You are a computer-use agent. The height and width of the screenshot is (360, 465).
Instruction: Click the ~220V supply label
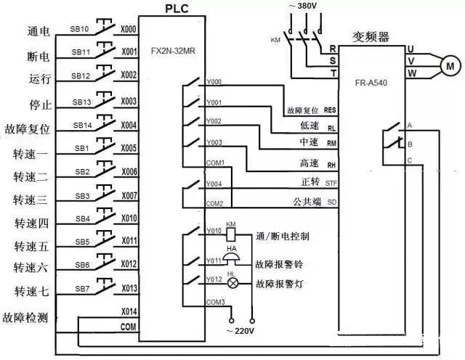241,331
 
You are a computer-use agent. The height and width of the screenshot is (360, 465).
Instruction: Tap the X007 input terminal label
129,196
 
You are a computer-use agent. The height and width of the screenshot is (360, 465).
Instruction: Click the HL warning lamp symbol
231,285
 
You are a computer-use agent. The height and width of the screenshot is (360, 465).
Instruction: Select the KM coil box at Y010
231,235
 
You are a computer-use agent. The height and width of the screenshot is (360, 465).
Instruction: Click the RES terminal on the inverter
331,110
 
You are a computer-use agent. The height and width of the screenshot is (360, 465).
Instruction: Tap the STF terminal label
331,182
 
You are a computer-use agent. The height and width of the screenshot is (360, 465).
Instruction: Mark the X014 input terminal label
129,311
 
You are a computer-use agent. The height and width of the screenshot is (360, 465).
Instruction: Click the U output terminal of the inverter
411,48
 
